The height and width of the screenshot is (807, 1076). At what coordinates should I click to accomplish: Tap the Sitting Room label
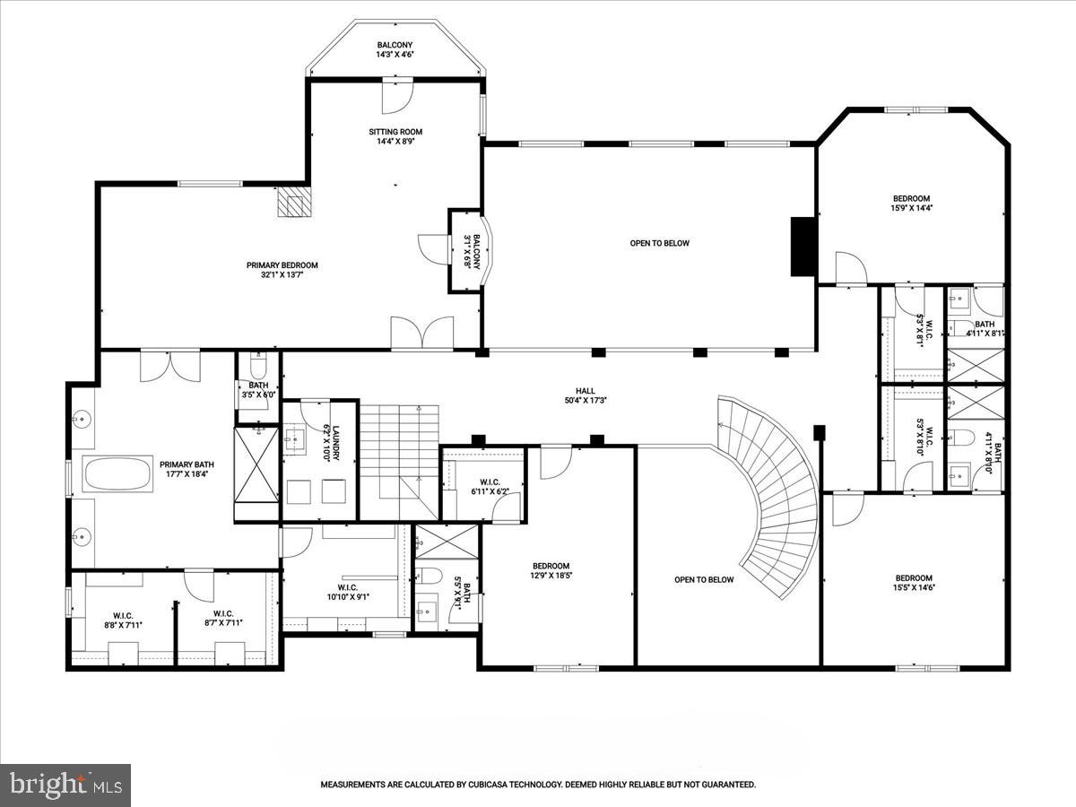(395, 136)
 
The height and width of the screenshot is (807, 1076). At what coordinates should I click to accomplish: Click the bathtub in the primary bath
(117, 473)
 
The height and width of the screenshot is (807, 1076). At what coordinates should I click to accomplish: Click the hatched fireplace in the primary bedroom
(291, 202)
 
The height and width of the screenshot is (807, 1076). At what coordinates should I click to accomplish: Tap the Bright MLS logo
(65, 785)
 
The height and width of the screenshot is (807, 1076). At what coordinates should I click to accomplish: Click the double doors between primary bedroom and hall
(422, 333)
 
